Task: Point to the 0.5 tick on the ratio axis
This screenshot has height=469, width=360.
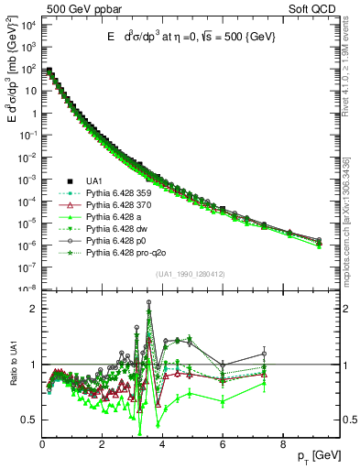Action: tap(30, 420)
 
